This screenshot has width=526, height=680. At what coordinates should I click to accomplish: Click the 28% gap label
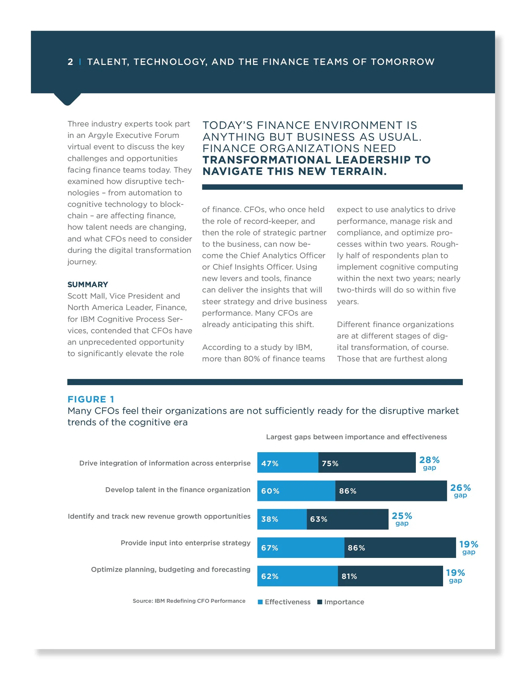(x=429, y=463)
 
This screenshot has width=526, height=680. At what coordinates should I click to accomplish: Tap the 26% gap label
(x=460, y=491)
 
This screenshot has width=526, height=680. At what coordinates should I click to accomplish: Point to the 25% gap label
(x=402, y=519)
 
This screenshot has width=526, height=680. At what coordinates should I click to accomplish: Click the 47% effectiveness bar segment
(x=288, y=462)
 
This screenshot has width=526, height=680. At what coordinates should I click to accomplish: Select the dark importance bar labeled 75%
(x=367, y=462)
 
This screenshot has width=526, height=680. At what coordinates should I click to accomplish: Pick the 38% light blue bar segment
(x=282, y=519)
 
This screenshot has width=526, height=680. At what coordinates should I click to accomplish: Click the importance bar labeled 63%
(x=347, y=519)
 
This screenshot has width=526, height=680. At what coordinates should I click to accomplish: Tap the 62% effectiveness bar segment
(x=297, y=576)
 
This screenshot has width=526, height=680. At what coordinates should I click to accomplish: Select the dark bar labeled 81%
(x=390, y=576)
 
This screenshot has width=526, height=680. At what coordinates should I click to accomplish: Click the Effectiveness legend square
(x=260, y=602)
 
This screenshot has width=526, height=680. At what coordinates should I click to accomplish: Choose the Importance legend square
(x=319, y=602)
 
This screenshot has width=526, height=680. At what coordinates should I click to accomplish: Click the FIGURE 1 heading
(x=91, y=399)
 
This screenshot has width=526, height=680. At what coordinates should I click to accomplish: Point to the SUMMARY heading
(x=88, y=284)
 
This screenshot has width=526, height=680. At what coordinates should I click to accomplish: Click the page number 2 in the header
(x=71, y=62)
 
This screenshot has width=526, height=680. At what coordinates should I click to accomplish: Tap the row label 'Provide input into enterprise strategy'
(x=185, y=543)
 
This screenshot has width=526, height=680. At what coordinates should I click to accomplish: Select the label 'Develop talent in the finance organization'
(x=178, y=490)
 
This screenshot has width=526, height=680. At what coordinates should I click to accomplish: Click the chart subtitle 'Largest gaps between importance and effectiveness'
(x=356, y=437)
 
